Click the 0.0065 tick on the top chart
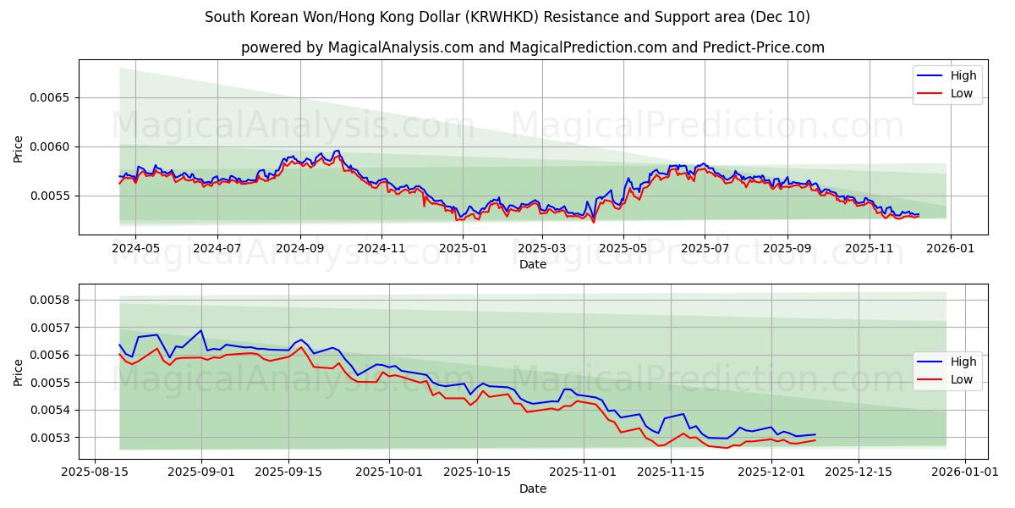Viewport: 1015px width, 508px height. click(52, 97)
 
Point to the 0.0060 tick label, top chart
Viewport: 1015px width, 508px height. click(52, 146)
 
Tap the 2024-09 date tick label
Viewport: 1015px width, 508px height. click(299, 249)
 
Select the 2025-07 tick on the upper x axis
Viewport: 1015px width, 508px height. click(705, 249)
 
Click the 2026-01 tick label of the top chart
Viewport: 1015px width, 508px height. click(951, 249)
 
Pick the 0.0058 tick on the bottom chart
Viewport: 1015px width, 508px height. click(52, 300)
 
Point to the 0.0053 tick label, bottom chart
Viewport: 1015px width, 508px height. click(52, 438)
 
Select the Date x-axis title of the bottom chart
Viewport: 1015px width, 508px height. click(533, 489)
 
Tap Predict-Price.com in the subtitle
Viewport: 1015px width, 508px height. click(764, 47)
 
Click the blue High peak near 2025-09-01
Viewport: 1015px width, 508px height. click(201, 330)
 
